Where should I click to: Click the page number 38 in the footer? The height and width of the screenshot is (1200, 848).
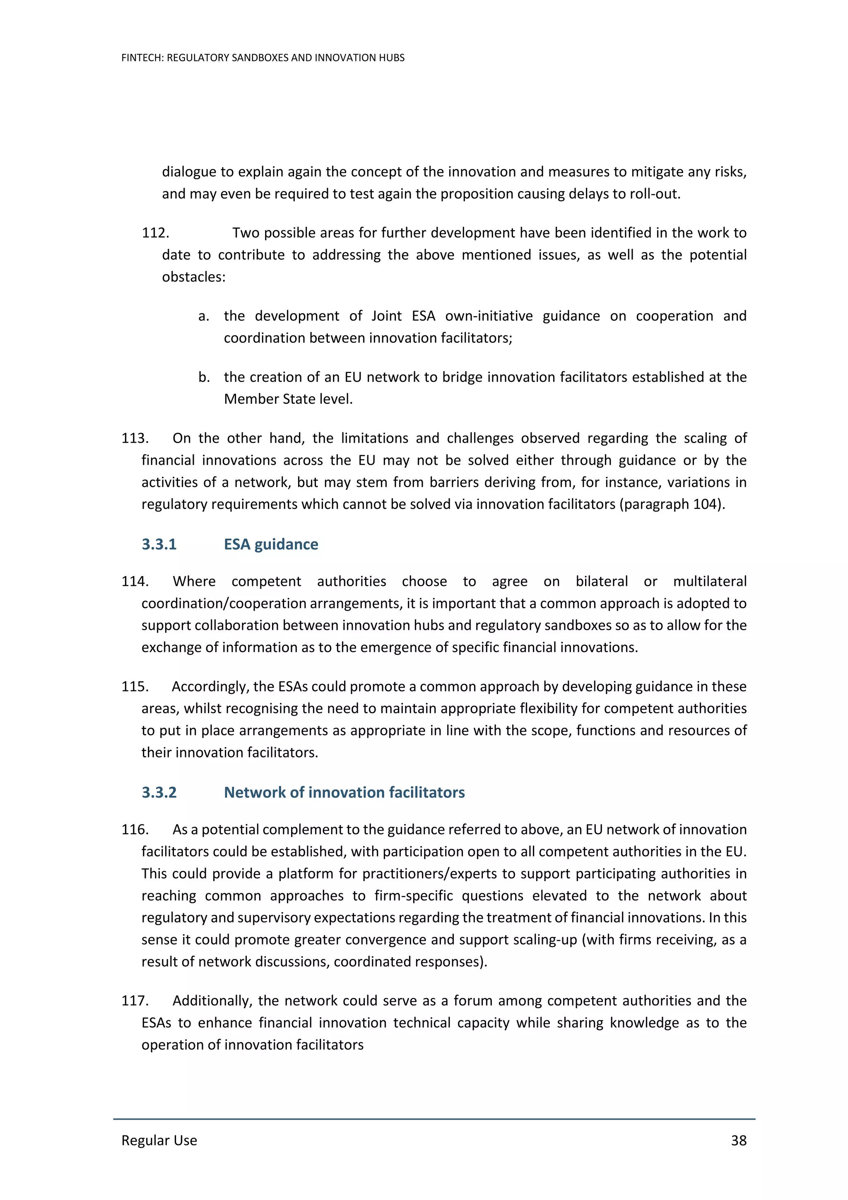tap(738, 1140)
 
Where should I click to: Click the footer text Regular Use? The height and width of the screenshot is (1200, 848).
tap(159, 1140)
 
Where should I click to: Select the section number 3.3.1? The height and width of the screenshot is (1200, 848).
tap(159, 544)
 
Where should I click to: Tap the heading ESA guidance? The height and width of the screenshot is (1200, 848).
tap(271, 544)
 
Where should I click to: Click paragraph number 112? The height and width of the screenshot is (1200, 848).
tap(155, 233)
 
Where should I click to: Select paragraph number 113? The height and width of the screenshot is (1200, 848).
tap(135, 438)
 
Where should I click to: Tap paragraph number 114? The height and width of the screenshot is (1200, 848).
tap(135, 581)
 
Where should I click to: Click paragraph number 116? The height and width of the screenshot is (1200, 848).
tap(135, 829)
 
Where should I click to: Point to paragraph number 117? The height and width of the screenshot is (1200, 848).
tap(135, 1000)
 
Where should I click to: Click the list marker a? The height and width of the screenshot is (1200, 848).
tap(203, 316)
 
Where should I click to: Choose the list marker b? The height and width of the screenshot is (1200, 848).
tap(203, 377)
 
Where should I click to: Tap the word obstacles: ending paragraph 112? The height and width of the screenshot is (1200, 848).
tap(193, 277)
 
